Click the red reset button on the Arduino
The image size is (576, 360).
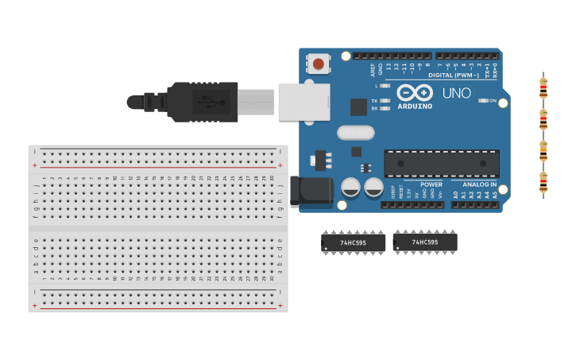[319, 64]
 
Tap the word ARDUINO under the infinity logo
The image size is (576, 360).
[415, 106]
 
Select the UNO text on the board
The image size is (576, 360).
[456, 93]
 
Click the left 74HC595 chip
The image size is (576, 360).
[353, 243]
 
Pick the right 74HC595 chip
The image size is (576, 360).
[425, 242]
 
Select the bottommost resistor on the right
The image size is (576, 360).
[543, 183]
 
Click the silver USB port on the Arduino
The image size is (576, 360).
[303, 102]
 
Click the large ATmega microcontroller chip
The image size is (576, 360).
[442, 163]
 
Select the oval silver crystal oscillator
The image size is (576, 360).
[355, 133]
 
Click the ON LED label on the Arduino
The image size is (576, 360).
[493, 101]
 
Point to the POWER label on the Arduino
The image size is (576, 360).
[431, 184]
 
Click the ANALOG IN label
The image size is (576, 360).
[480, 184]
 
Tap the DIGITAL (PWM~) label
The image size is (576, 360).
[453, 75]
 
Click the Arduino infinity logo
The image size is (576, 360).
[415, 92]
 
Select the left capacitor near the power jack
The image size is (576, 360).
[350, 188]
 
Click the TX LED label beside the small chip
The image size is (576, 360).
[374, 101]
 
